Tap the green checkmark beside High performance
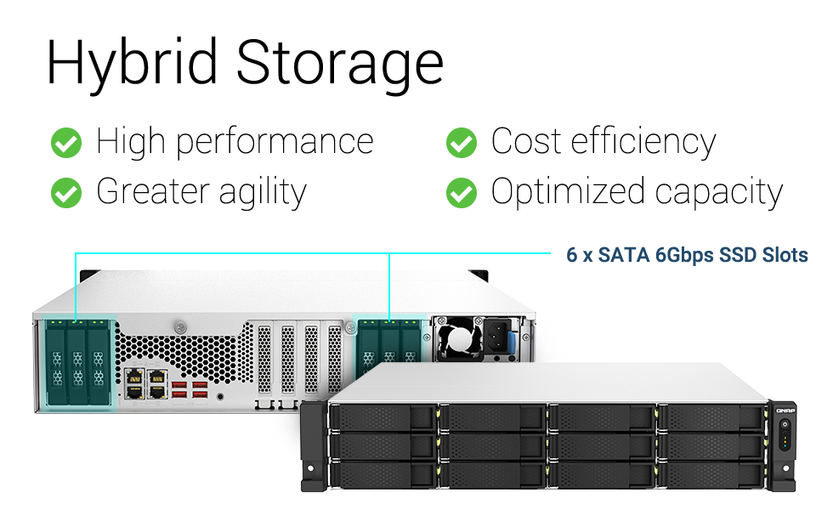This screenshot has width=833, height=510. tap(66, 143)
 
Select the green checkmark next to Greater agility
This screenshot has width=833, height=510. tap(66, 193)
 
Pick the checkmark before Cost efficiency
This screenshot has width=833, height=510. tap(461, 143)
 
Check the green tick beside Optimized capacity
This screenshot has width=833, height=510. tap(461, 193)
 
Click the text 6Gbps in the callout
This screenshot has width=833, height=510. tap(685, 254)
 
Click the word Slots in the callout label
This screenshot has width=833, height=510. tap(784, 254)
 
